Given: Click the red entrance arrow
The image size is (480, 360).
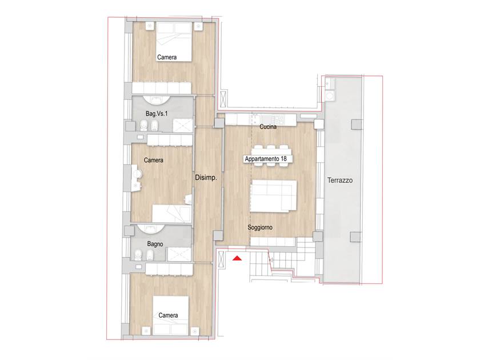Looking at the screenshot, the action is click(x=237, y=259).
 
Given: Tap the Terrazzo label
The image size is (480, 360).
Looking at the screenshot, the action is click(x=340, y=181).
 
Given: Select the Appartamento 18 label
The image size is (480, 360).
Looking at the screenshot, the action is click(x=266, y=159).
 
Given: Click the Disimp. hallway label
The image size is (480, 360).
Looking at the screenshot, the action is click(x=206, y=178).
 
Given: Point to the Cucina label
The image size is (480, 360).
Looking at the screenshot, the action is click(x=268, y=126).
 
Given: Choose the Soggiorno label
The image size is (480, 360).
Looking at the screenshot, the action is click(x=260, y=227).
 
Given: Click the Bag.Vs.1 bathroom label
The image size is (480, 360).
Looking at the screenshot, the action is click(x=157, y=114).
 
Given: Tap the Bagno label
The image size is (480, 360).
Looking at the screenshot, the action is click(x=155, y=244).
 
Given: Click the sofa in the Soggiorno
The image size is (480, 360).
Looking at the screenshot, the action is click(x=273, y=196).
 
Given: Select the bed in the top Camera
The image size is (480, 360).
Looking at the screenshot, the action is click(x=174, y=42).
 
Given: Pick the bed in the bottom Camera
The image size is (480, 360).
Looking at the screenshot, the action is click(x=171, y=315).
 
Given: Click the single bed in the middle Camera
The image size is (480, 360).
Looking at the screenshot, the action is click(x=172, y=214).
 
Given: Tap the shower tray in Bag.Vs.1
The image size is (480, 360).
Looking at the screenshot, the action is click(x=183, y=126).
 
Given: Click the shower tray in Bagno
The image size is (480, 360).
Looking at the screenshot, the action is click(x=179, y=254).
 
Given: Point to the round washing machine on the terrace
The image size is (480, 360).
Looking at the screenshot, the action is click(x=330, y=96).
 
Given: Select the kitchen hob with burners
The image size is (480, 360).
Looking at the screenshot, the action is click(x=279, y=118).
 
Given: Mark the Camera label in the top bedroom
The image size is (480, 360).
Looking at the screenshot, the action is click(x=167, y=57).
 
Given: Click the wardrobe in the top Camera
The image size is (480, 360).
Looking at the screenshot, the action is click(x=162, y=88).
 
